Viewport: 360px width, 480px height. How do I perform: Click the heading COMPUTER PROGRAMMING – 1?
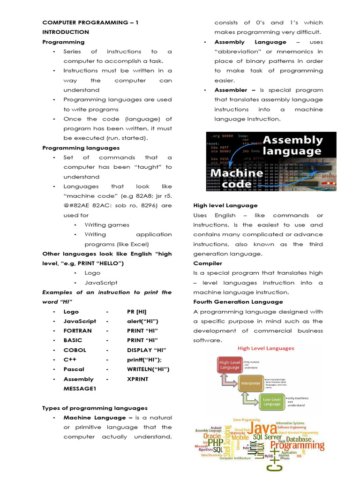(x=90, y=22)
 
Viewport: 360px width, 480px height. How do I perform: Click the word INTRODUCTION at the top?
(x=66, y=32)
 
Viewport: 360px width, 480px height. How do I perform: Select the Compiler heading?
(x=208, y=263)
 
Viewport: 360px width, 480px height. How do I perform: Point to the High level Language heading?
(x=225, y=205)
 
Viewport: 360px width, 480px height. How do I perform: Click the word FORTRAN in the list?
(x=78, y=331)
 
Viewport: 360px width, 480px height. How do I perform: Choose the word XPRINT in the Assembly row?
(x=137, y=379)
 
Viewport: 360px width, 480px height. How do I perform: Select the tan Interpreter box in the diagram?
(x=251, y=383)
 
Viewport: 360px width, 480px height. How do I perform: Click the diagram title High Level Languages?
(x=266, y=348)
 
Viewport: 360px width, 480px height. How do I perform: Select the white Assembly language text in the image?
(x=292, y=145)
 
